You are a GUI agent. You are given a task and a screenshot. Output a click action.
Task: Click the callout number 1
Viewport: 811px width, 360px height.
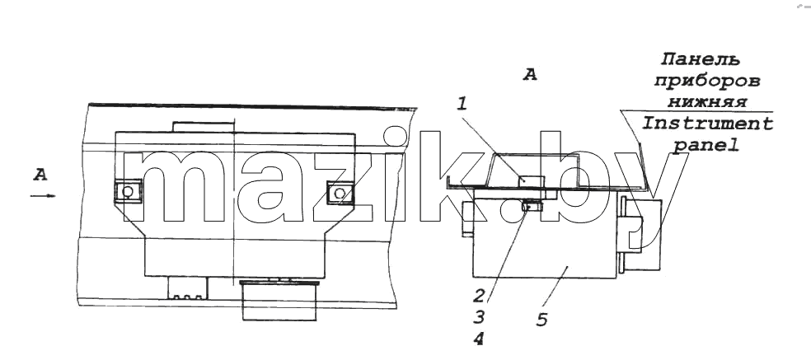[462, 105]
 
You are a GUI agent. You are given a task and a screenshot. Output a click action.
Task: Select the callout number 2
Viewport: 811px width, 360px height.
[479, 296]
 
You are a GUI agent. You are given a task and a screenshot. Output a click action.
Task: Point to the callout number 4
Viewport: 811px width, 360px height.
[479, 339]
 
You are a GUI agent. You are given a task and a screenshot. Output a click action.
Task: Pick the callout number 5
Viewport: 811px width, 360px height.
[541, 320]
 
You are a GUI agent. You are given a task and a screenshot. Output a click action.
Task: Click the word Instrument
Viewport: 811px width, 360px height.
[707, 124]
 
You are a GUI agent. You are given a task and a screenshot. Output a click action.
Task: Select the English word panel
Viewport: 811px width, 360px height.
[705, 147]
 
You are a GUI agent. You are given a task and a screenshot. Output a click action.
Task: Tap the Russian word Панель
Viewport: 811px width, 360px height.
[701, 59]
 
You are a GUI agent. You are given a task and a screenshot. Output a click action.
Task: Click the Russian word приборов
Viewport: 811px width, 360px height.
[707, 82]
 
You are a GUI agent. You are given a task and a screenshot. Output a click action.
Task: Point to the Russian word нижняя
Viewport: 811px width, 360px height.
[707, 102]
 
